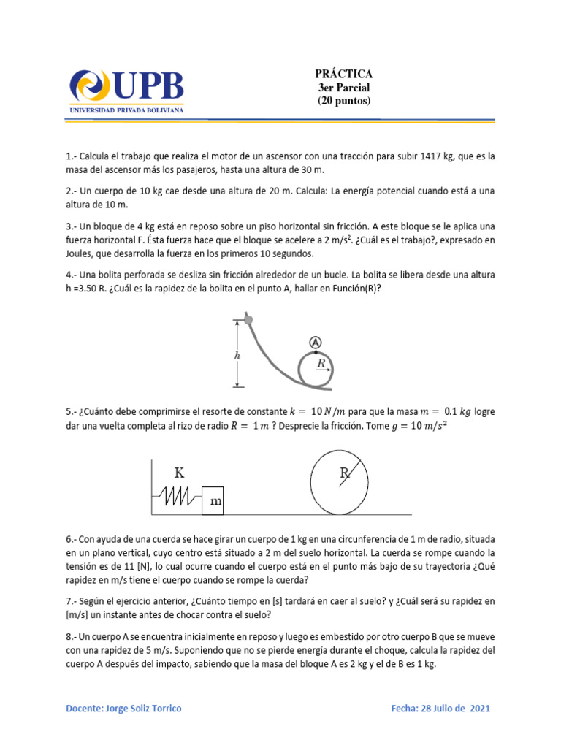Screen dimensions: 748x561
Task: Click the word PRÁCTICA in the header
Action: [x=343, y=74]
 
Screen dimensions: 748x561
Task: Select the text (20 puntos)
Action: [x=343, y=101]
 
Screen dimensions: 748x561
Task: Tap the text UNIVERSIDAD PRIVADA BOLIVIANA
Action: [x=126, y=110]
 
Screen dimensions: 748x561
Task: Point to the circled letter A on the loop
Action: [x=315, y=342]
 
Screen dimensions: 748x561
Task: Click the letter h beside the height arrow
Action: [x=237, y=355]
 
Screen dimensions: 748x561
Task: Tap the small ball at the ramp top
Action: [x=248, y=319]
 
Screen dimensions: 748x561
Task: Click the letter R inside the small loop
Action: [x=321, y=362]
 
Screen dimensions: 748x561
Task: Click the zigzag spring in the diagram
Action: [x=178, y=499]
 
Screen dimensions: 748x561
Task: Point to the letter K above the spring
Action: [x=179, y=473]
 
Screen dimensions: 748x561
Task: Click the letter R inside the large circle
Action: [x=344, y=474]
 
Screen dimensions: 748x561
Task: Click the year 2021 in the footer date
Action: [x=478, y=709]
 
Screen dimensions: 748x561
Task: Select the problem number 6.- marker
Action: [x=72, y=539]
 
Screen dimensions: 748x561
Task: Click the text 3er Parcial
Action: [x=343, y=88]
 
